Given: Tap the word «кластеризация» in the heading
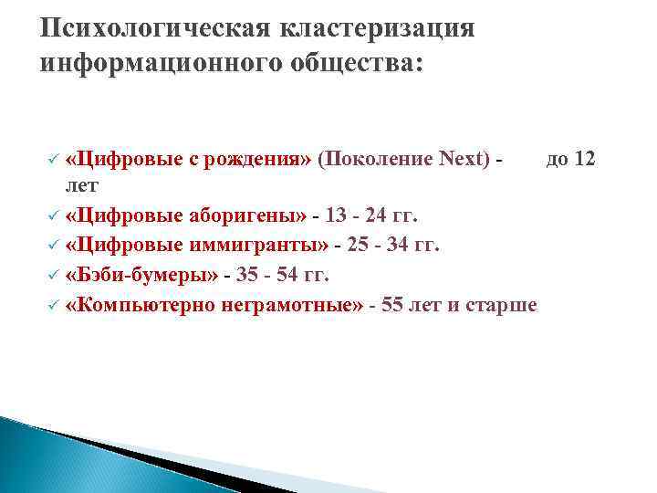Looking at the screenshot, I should tap(380, 27).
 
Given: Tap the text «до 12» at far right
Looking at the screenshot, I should tap(570, 159).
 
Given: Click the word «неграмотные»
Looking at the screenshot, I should tap(292, 304).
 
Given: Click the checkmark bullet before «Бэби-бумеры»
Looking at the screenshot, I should tap(54, 275).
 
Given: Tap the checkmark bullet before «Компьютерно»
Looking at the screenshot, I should tap(54, 305).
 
